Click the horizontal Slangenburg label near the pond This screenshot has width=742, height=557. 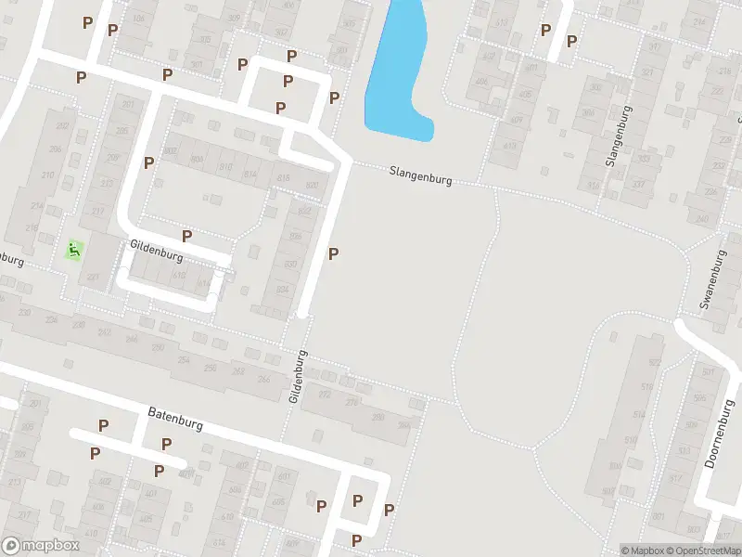click(421, 176)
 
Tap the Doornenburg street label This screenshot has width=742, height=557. click(720, 434)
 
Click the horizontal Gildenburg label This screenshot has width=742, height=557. click(156, 251)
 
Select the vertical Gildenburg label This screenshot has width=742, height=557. click(297, 376)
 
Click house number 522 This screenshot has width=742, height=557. click(656, 362)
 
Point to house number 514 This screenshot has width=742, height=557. click(639, 414)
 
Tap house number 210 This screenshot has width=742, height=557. click(47, 175)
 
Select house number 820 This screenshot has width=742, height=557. click(312, 186)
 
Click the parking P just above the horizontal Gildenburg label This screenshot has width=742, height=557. click(186, 236)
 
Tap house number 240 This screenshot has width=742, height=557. click(701, 220)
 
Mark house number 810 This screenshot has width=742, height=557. click(224, 166)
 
